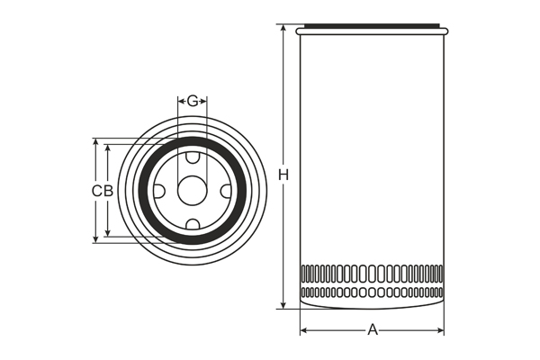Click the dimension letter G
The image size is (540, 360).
pos(192,101)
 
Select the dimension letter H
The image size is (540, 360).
pos(283,174)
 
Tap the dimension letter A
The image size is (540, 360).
pos(372,330)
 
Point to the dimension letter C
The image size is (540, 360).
pos(96,191)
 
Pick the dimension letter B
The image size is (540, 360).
pos(108,191)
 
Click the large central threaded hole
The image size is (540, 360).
pos(192,191)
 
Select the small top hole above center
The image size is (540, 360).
pos(192,158)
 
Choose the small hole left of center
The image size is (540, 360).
pos(159,191)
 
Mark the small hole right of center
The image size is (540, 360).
pos(225,191)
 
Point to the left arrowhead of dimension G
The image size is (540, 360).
pos(181,101)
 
